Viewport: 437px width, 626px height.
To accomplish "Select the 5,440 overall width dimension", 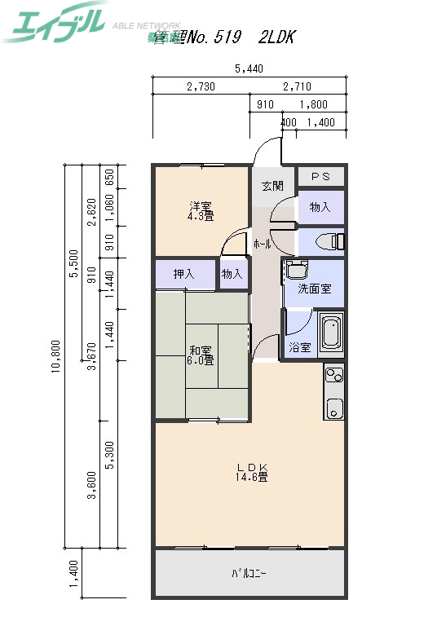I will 249,69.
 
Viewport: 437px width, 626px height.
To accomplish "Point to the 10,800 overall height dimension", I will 55,355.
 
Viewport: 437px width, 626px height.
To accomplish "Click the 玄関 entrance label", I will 272,186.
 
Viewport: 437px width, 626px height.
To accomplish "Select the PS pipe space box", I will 320,176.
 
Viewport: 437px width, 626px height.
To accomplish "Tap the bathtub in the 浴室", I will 331,333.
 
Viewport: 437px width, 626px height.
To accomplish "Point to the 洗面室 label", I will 314,289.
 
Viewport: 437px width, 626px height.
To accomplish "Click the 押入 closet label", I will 183,275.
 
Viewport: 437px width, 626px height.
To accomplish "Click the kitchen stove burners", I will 334,375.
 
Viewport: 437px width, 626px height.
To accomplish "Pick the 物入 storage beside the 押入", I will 232,275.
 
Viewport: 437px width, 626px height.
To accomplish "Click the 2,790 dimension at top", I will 201,86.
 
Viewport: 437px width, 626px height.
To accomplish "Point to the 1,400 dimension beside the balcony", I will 73,574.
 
